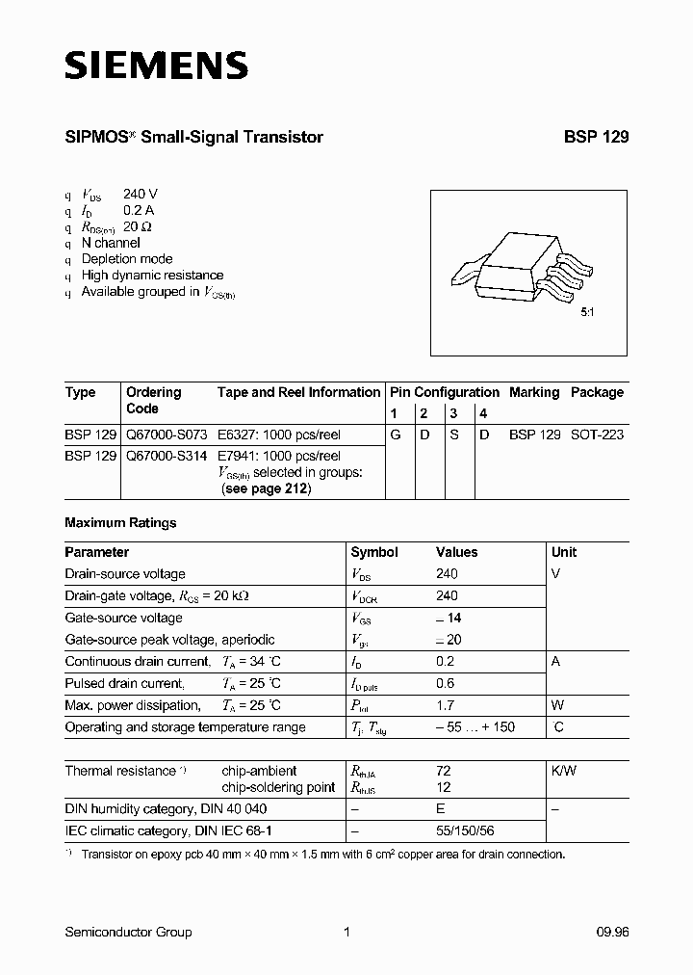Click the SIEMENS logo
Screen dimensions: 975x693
[x=156, y=66]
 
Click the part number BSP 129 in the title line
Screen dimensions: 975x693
[x=596, y=138]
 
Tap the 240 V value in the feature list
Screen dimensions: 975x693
[x=141, y=193]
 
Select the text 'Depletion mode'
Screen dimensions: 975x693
[x=127, y=258]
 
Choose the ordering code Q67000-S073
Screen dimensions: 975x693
[x=167, y=435]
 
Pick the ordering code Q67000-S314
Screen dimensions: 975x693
[x=167, y=456]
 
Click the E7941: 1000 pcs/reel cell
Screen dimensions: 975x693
[x=279, y=456]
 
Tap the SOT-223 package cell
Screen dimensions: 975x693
[x=597, y=435]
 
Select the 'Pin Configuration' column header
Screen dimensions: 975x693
[x=444, y=392]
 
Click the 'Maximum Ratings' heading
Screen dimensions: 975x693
[x=120, y=523]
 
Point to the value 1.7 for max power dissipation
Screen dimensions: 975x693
[x=445, y=705]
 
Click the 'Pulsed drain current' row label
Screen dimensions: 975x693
[x=123, y=683]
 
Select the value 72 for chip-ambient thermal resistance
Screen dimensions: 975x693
[x=443, y=771]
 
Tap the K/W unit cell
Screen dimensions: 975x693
[x=564, y=771]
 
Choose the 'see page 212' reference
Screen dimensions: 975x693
[x=267, y=488]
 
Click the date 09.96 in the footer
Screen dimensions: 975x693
[x=611, y=932]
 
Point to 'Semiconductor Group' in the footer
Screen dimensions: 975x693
[x=128, y=932]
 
